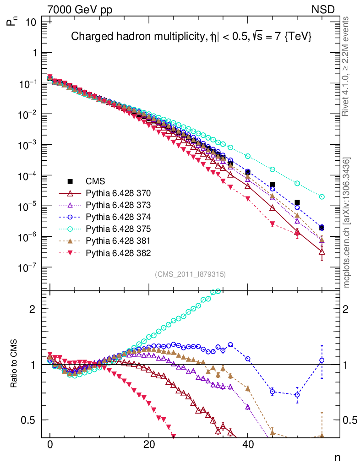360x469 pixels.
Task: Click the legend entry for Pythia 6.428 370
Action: [x=118, y=193]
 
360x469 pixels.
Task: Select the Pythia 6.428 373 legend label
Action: [x=118, y=205]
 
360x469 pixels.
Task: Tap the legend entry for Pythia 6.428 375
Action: [x=118, y=229]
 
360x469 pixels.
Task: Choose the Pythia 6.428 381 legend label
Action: [x=118, y=240]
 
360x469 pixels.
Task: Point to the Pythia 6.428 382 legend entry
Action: [x=118, y=252]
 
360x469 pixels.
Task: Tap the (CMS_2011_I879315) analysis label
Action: [x=190, y=274]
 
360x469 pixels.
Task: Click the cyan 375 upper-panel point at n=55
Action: [x=322, y=196]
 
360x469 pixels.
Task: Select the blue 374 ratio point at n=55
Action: [x=322, y=360]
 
